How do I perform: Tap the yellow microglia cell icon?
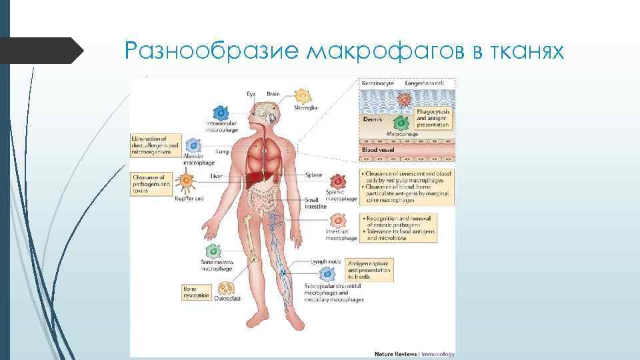pyautogui.click(x=303, y=95)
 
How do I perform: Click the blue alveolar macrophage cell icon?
pyautogui.click(x=193, y=146)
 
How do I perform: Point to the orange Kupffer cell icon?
pyautogui.click(x=187, y=181)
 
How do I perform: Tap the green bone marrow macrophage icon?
pyautogui.click(x=213, y=251)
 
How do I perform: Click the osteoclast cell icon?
pyautogui.click(x=227, y=289)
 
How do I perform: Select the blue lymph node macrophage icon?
pyautogui.click(x=327, y=273)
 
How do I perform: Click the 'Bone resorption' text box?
pyautogui.click(x=196, y=291)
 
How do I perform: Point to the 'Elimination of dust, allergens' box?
pyautogui.click(x=155, y=145)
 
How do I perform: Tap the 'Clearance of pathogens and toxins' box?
pyautogui.click(x=151, y=183)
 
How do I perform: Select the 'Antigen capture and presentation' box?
pyautogui.click(x=369, y=270)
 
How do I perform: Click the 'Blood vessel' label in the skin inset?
pyautogui.click(x=378, y=150)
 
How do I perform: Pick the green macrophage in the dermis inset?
pyautogui.click(x=400, y=123)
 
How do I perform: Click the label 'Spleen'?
pyautogui.click(x=313, y=175)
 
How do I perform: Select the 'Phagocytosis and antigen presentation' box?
pyautogui.click(x=433, y=118)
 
